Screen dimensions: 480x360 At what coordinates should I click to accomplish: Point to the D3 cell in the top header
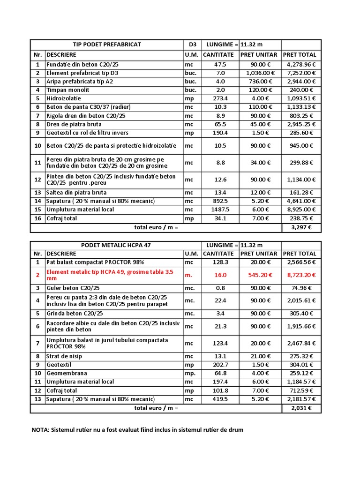click(x=192, y=45)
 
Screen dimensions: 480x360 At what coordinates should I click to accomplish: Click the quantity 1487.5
click(x=220, y=210)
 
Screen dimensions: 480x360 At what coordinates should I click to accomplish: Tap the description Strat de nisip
click(x=64, y=356)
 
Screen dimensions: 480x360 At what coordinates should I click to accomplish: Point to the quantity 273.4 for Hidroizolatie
click(x=220, y=98)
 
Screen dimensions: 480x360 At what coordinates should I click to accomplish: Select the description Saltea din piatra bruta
click(x=76, y=193)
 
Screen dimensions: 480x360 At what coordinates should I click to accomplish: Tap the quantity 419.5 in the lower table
click(x=220, y=399)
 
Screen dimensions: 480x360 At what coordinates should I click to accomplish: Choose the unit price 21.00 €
click(x=260, y=356)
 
